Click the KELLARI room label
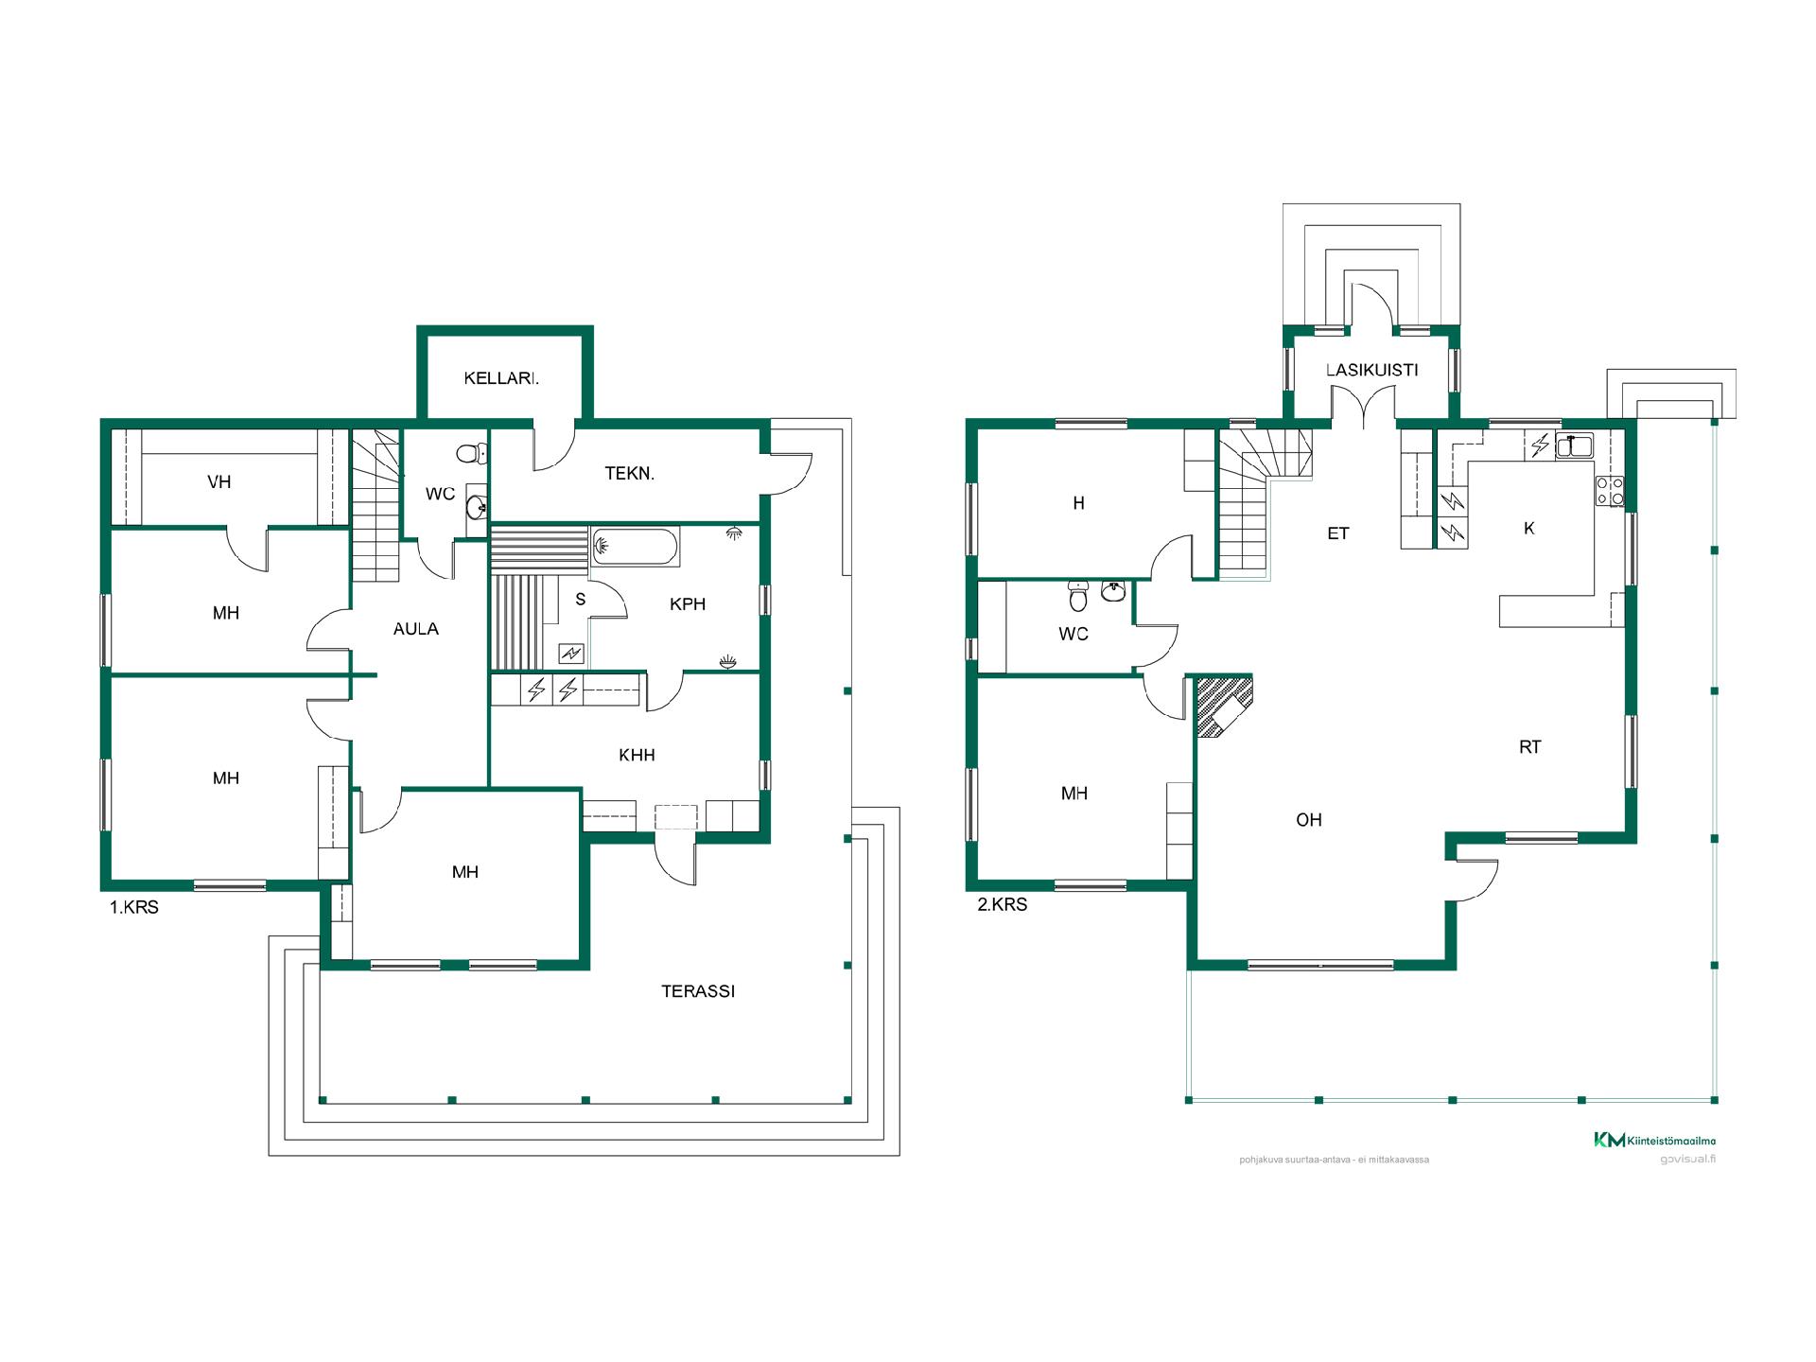coord(501,378)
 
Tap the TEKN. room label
coord(630,474)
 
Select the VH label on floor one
coord(219,481)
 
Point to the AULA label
coord(416,629)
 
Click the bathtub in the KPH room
coord(635,547)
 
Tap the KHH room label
coord(637,755)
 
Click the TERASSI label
coord(698,991)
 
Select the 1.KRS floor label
coord(134,907)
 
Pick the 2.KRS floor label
coord(1002,904)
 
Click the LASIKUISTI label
coord(1371,370)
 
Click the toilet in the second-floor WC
coord(1078,596)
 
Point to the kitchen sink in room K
coord(1574,445)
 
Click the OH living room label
coord(1309,820)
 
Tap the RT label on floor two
coord(1529,747)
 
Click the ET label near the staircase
coord(1337,533)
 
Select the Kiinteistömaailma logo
coord(1654,1140)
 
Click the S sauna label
coord(581,600)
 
